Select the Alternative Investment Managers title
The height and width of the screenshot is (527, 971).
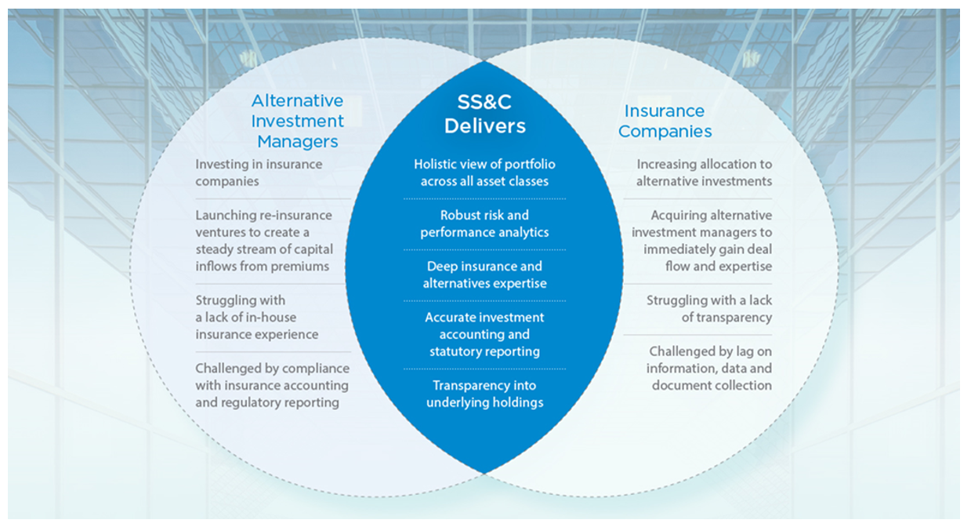(x=297, y=122)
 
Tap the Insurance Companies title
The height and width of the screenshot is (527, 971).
(x=665, y=122)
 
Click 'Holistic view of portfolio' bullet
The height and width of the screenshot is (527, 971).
(x=484, y=173)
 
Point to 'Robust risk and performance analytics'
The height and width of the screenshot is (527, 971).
(x=484, y=224)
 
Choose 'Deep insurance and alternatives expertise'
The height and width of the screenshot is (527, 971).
(x=484, y=274)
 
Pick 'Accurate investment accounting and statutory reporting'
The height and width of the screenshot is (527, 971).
(x=484, y=334)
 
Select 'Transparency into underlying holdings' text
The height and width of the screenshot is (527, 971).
(x=484, y=394)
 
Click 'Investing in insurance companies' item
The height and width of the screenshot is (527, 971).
(x=259, y=173)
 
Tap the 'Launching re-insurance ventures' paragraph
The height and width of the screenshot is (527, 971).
(x=264, y=241)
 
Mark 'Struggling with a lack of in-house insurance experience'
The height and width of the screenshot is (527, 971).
(x=257, y=317)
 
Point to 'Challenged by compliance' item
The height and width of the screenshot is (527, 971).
(x=272, y=385)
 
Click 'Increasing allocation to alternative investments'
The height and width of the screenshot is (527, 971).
(x=704, y=173)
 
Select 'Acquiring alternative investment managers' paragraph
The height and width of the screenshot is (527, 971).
(x=701, y=241)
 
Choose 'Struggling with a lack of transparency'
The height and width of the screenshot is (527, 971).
(x=709, y=309)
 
